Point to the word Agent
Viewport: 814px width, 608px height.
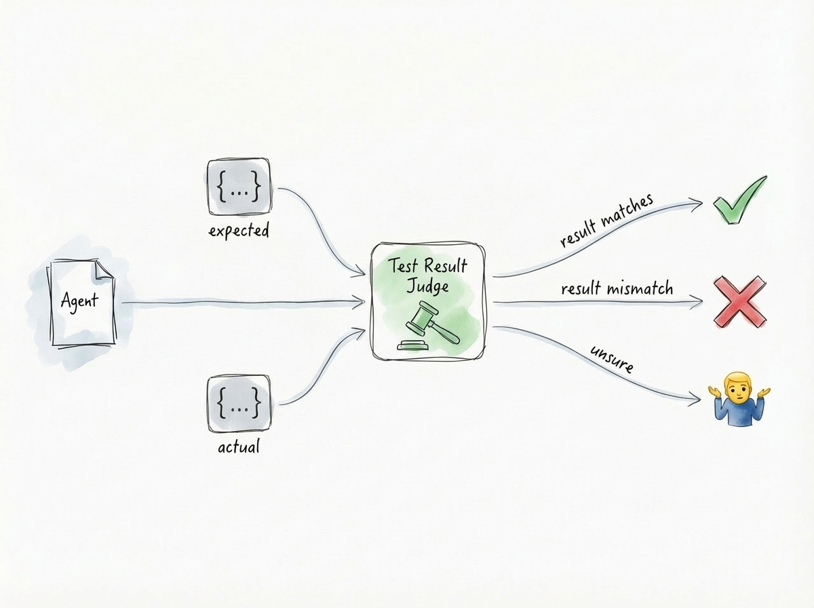tap(79, 300)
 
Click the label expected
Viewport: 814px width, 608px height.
tap(239, 231)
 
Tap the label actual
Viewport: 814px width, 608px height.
tap(238, 447)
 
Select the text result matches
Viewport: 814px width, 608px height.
tap(606, 221)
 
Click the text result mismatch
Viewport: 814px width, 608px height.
tap(617, 289)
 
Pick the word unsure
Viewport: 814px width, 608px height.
tap(611, 358)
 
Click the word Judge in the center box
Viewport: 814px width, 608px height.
tap(427, 286)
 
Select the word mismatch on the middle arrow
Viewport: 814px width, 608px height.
tap(640, 289)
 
